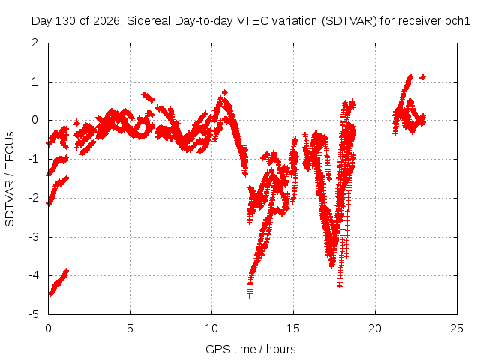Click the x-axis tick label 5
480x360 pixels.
click(x=130, y=328)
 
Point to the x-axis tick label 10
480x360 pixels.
click(x=211, y=328)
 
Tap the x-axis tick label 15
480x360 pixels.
click(x=293, y=328)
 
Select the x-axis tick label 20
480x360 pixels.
click(x=375, y=328)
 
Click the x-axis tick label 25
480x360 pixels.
click(x=457, y=328)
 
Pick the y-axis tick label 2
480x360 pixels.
click(x=35, y=43)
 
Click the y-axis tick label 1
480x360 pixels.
click(x=35, y=82)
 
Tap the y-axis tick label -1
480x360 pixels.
click(x=34, y=159)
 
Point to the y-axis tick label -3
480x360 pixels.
click(x=34, y=237)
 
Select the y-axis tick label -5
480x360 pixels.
click(x=34, y=314)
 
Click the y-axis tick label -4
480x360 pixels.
click(x=34, y=275)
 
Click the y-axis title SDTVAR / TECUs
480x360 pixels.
click(x=10, y=179)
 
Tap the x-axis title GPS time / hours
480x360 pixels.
click(x=250, y=349)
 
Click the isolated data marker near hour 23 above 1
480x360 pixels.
click(x=422, y=76)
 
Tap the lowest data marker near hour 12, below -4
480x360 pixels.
click(x=250, y=295)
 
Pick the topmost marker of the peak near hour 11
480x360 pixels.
click(x=225, y=91)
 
